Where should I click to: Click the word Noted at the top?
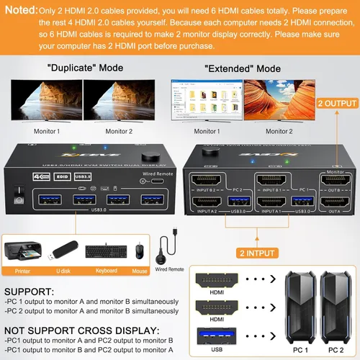pyautogui.click(x=20, y=10)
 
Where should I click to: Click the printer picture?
pyautogui.click(x=23, y=251)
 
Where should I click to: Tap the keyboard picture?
pyautogui.click(x=104, y=252)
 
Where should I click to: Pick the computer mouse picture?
pyautogui.click(x=138, y=251)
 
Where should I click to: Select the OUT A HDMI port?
pyautogui.click(x=333, y=203)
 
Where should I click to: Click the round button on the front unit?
pyautogui.click(x=150, y=156)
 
